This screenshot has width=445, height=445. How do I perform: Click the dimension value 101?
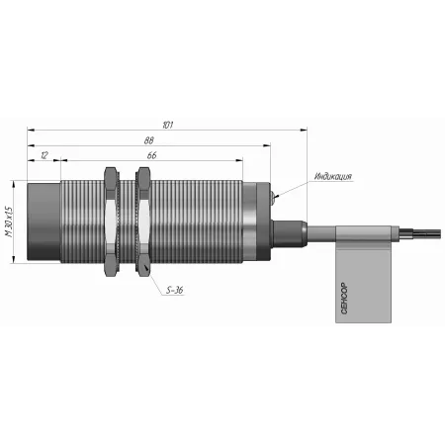coord(168,125)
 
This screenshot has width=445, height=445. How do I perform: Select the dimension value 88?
coord(149,140)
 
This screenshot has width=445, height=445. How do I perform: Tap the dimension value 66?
coord(151,155)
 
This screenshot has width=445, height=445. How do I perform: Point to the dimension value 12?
coord(44,155)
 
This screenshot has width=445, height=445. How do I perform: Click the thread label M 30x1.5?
coord(9,222)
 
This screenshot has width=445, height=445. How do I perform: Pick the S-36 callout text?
coord(175,290)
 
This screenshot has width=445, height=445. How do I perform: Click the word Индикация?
coord(333,176)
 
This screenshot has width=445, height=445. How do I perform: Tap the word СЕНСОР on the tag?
coord(344,299)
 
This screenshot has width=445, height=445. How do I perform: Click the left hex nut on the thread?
coord(110,222)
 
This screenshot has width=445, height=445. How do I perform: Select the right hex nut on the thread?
coord(143,222)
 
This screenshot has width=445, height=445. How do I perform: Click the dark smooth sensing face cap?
coord(44,222)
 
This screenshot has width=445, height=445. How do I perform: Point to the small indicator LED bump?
coord(272,196)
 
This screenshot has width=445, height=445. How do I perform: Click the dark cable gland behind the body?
coord(288,233)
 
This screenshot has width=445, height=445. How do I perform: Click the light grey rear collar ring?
coord(249,222)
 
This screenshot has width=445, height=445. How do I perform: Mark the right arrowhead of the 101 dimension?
coord(304,130)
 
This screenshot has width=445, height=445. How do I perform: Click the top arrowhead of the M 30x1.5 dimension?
coord(14,185)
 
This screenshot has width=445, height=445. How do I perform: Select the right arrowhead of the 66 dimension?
coord(239,160)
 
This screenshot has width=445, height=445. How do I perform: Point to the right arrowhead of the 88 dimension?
coord(267,145)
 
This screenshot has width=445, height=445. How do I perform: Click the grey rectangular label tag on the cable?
coord(363,274)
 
